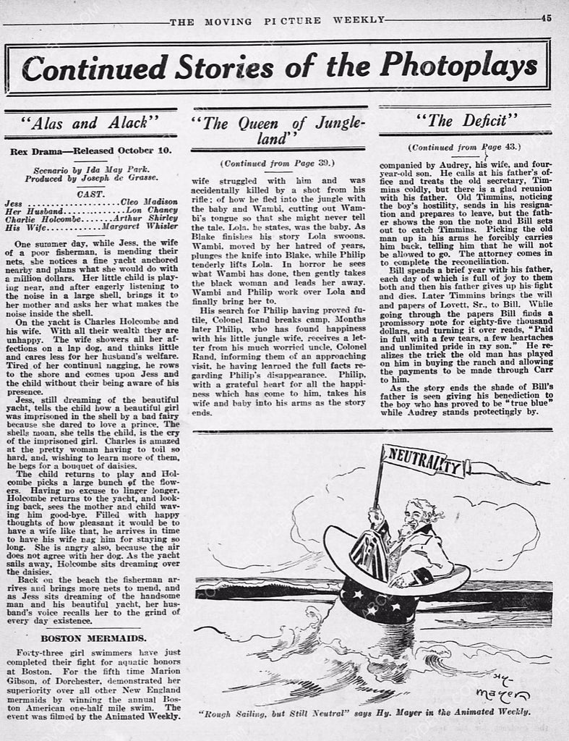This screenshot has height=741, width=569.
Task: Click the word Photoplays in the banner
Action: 459,67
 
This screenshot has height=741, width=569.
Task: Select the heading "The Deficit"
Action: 466,121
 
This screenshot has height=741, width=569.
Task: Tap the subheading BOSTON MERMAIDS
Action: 90,638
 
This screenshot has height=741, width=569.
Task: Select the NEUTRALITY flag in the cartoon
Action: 423,461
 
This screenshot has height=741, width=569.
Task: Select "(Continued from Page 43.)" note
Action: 466,147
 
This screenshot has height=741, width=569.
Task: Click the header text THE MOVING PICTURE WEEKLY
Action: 277,20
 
